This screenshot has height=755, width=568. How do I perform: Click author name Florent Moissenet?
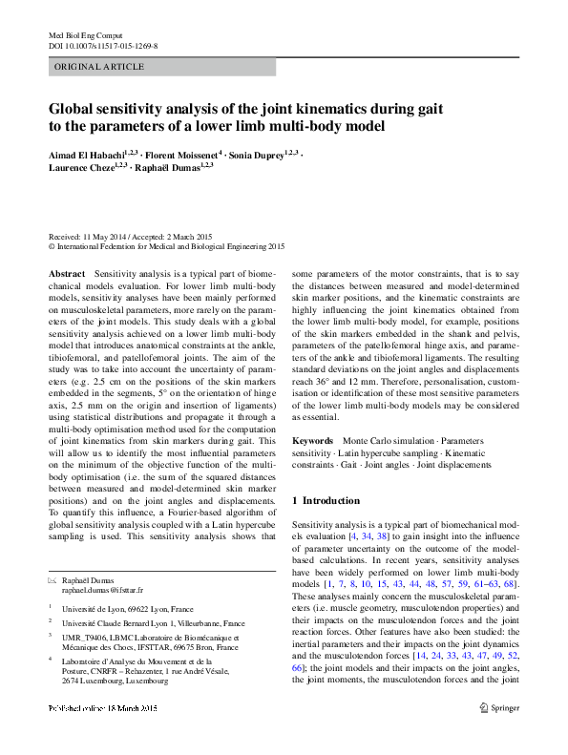point(183,153)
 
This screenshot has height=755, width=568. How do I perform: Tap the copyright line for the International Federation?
point(167,246)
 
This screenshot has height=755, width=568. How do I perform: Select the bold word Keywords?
point(312,442)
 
